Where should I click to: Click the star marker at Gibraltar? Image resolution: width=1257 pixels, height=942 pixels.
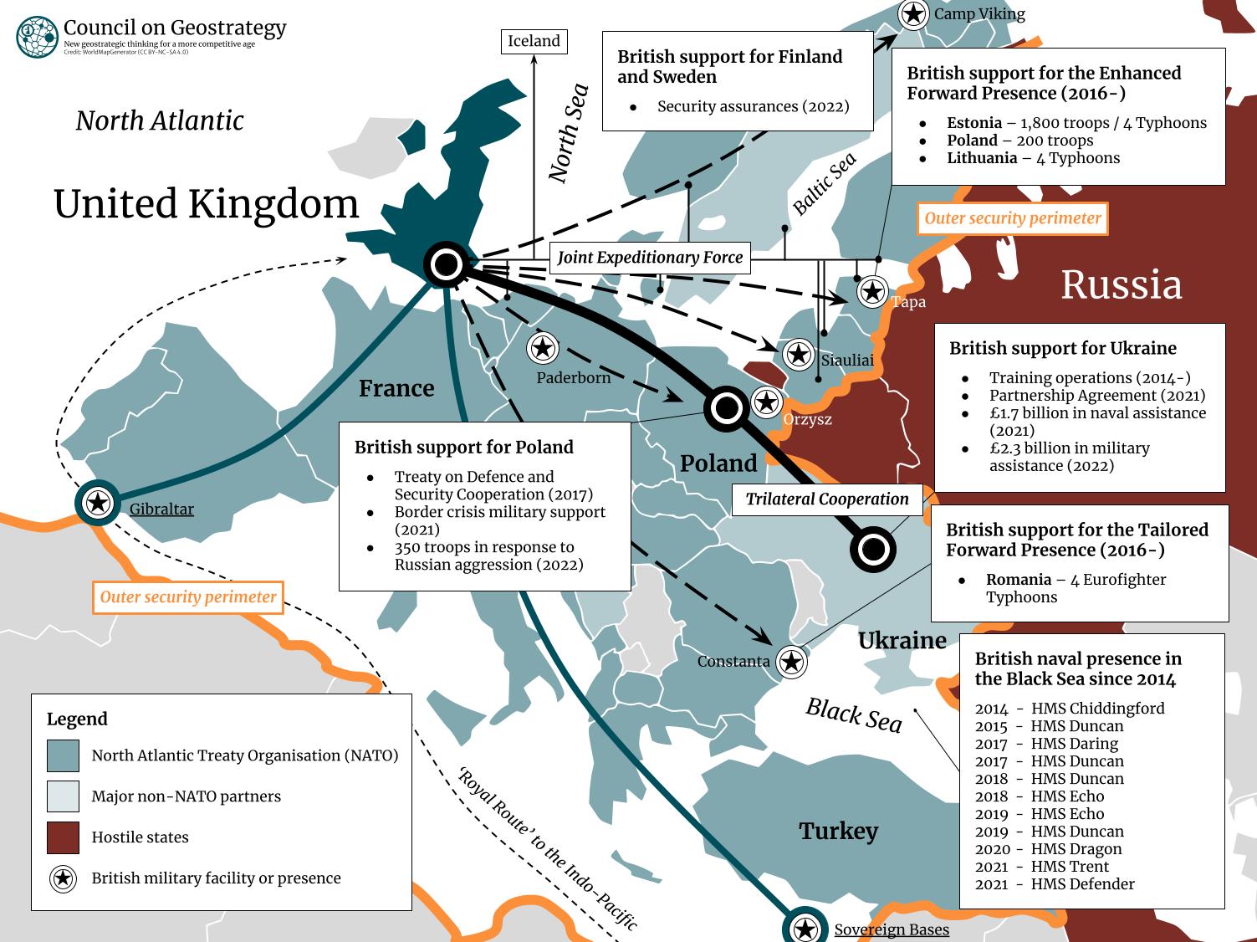[x=99, y=503]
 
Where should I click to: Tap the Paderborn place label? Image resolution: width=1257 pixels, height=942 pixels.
[x=573, y=377]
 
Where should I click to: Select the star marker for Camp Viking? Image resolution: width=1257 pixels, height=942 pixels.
[x=913, y=14]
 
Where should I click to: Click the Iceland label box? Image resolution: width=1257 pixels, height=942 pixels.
[x=534, y=41]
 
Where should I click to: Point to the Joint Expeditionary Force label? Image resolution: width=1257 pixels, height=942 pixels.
[x=650, y=258]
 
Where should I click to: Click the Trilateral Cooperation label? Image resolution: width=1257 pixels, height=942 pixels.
[x=826, y=499]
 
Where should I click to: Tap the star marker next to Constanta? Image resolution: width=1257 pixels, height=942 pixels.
[x=791, y=662]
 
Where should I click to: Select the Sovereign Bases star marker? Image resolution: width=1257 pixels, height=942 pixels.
[x=805, y=929]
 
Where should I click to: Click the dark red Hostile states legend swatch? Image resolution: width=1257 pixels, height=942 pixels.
[x=64, y=837]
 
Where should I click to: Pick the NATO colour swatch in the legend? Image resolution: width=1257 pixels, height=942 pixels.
[x=64, y=755]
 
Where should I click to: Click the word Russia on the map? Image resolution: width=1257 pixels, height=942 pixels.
[x=1121, y=284]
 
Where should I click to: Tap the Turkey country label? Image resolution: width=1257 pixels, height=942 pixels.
[x=838, y=831]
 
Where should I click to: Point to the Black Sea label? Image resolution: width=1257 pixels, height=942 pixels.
[x=853, y=715]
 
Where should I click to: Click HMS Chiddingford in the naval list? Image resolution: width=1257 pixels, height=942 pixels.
[x=1097, y=709]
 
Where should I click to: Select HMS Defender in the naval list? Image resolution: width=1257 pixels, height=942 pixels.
[x=1082, y=884]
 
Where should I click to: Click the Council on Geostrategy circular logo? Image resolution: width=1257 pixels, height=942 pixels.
[x=37, y=36]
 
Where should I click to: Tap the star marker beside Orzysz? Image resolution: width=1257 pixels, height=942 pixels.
[x=766, y=402]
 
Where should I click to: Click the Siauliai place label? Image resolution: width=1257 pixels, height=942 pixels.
[x=846, y=361]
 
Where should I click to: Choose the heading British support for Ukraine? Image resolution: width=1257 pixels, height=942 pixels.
[x=1062, y=348]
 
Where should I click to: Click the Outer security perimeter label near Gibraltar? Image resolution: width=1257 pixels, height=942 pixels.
[x=188, y=597]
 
